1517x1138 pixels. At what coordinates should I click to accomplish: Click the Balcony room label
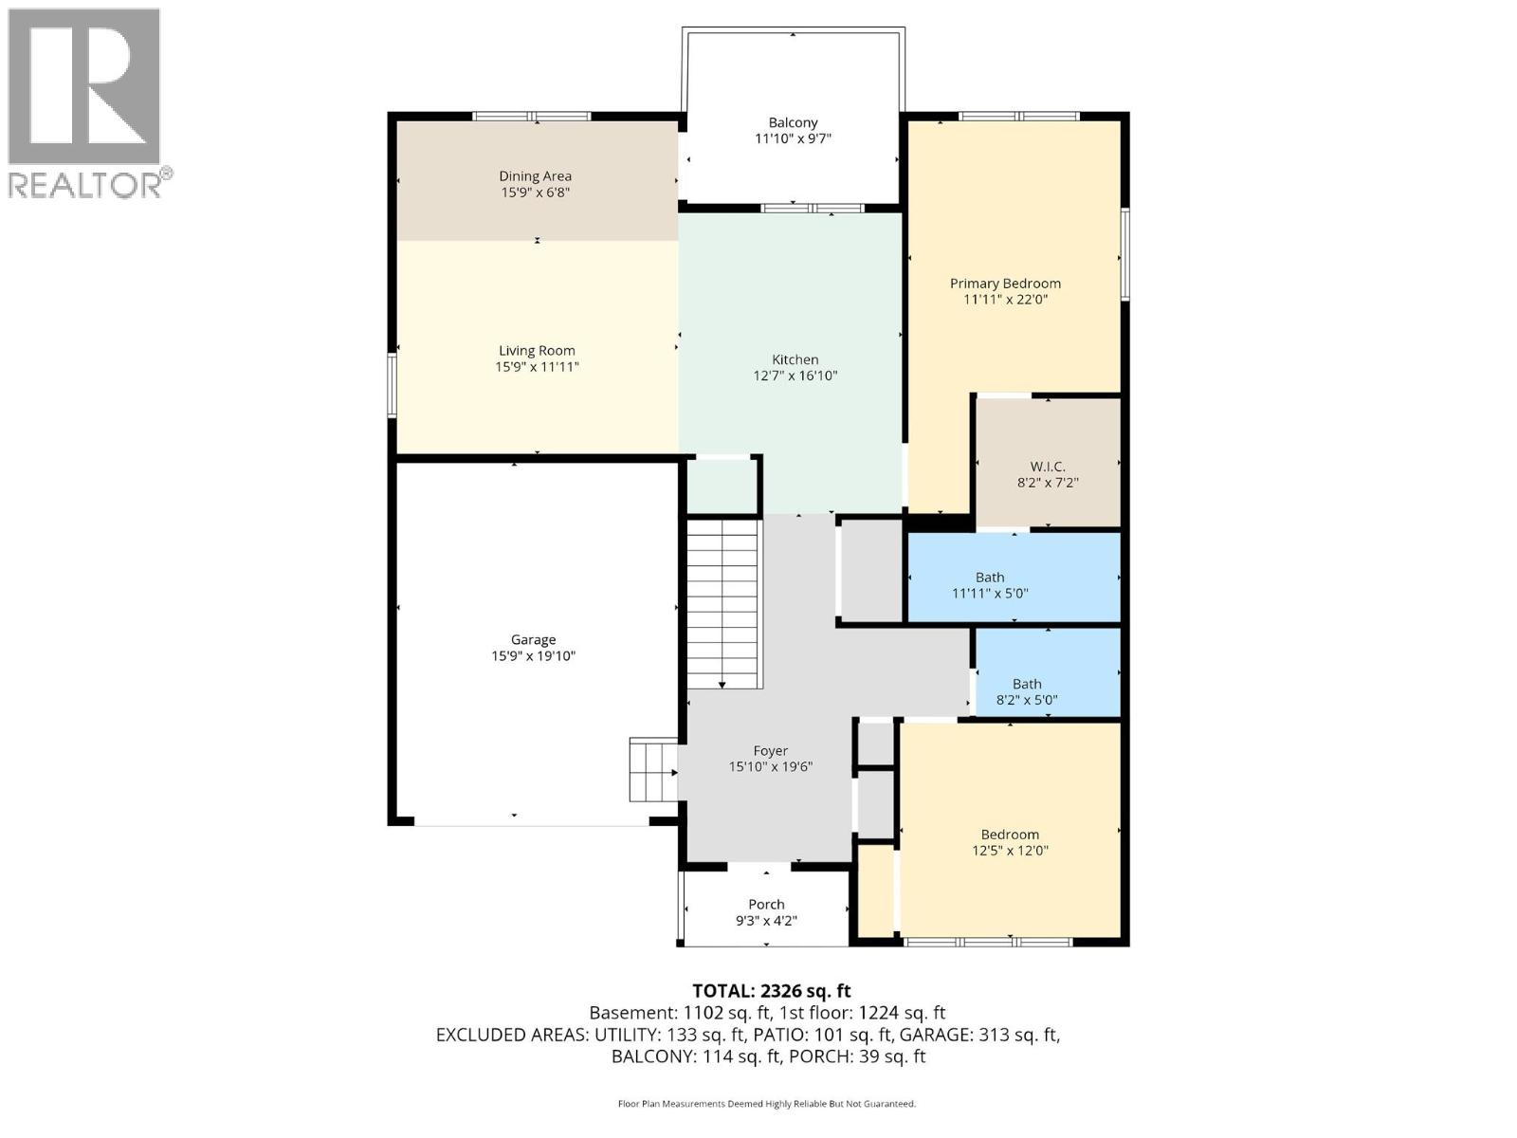coord(793,122)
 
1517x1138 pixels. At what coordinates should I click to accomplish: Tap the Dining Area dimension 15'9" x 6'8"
coord(535,193)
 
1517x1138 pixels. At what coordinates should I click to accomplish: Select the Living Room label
coord(537,351)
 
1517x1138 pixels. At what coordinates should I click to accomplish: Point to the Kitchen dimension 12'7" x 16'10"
coord(795,376)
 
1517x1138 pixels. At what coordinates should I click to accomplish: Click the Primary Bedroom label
coord(1005,284)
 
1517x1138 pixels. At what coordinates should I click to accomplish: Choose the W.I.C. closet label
coord(1048,467)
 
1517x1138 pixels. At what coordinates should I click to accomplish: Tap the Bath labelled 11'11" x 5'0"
coord(990,585)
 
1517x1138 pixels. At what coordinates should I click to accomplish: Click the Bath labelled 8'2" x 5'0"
coord(1027,692)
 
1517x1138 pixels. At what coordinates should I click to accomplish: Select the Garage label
coord(533,640)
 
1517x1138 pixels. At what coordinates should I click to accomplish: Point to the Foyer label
coord(771,751)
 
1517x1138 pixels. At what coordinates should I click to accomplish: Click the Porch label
coord(766,905)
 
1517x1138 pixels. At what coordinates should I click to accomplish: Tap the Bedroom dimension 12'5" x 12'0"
coord(1010,851)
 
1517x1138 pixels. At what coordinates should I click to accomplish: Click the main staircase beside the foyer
coord(723,603)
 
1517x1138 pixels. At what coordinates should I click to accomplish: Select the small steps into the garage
coord(652,770)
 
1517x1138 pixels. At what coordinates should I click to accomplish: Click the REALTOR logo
coord(85,102)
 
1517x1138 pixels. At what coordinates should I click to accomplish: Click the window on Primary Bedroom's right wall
coord(1125,254)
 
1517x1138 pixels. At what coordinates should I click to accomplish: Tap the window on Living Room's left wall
coord(392,384)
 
